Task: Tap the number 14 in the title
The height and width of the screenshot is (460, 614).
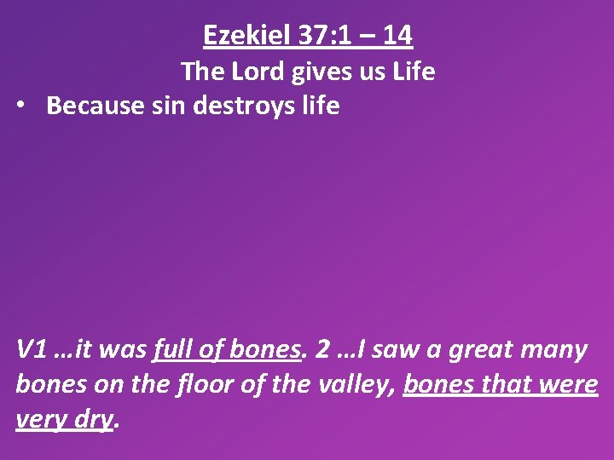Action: (x=397, y=36)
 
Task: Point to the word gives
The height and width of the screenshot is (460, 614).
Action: (x=317, y=72)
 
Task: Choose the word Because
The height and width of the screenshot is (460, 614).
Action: (x=92, y=106)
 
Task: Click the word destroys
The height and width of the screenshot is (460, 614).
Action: (x=239, y=106)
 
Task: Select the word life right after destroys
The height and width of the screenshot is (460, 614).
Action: (x=319, y=106)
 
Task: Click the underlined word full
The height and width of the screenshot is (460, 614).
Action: (x=173, y=350)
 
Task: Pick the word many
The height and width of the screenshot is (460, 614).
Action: (x=553, y=350)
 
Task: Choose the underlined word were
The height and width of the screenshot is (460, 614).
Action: (x=571, y=385)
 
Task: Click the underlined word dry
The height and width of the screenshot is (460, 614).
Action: (x=93, y=420)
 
